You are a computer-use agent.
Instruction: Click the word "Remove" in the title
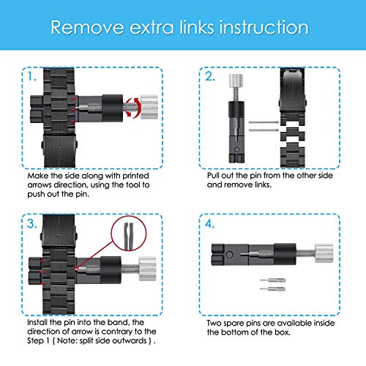point(87,27)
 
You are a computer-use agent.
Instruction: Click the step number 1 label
point(31,77)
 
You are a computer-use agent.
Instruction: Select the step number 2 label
point(210,76)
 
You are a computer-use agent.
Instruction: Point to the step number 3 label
point(32,223)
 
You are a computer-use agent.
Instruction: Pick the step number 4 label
point(210,224)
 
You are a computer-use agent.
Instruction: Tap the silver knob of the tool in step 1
point(149,107)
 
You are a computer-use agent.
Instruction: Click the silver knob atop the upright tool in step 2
point(236,81)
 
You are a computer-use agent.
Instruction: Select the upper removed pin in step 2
point(264,122)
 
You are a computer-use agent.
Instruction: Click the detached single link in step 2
point(293,134)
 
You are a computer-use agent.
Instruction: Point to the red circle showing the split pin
point(129,234)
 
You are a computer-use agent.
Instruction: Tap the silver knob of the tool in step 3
point(147,269)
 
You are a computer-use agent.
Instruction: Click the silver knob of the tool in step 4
point(324,253)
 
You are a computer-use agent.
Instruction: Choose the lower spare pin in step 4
point(272,289)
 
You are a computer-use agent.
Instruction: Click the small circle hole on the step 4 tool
point(229,255)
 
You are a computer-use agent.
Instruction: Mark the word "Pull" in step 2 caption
point(213,176)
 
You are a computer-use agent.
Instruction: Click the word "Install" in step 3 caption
point(37,322)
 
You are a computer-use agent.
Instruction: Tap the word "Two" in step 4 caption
point(214,323)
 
